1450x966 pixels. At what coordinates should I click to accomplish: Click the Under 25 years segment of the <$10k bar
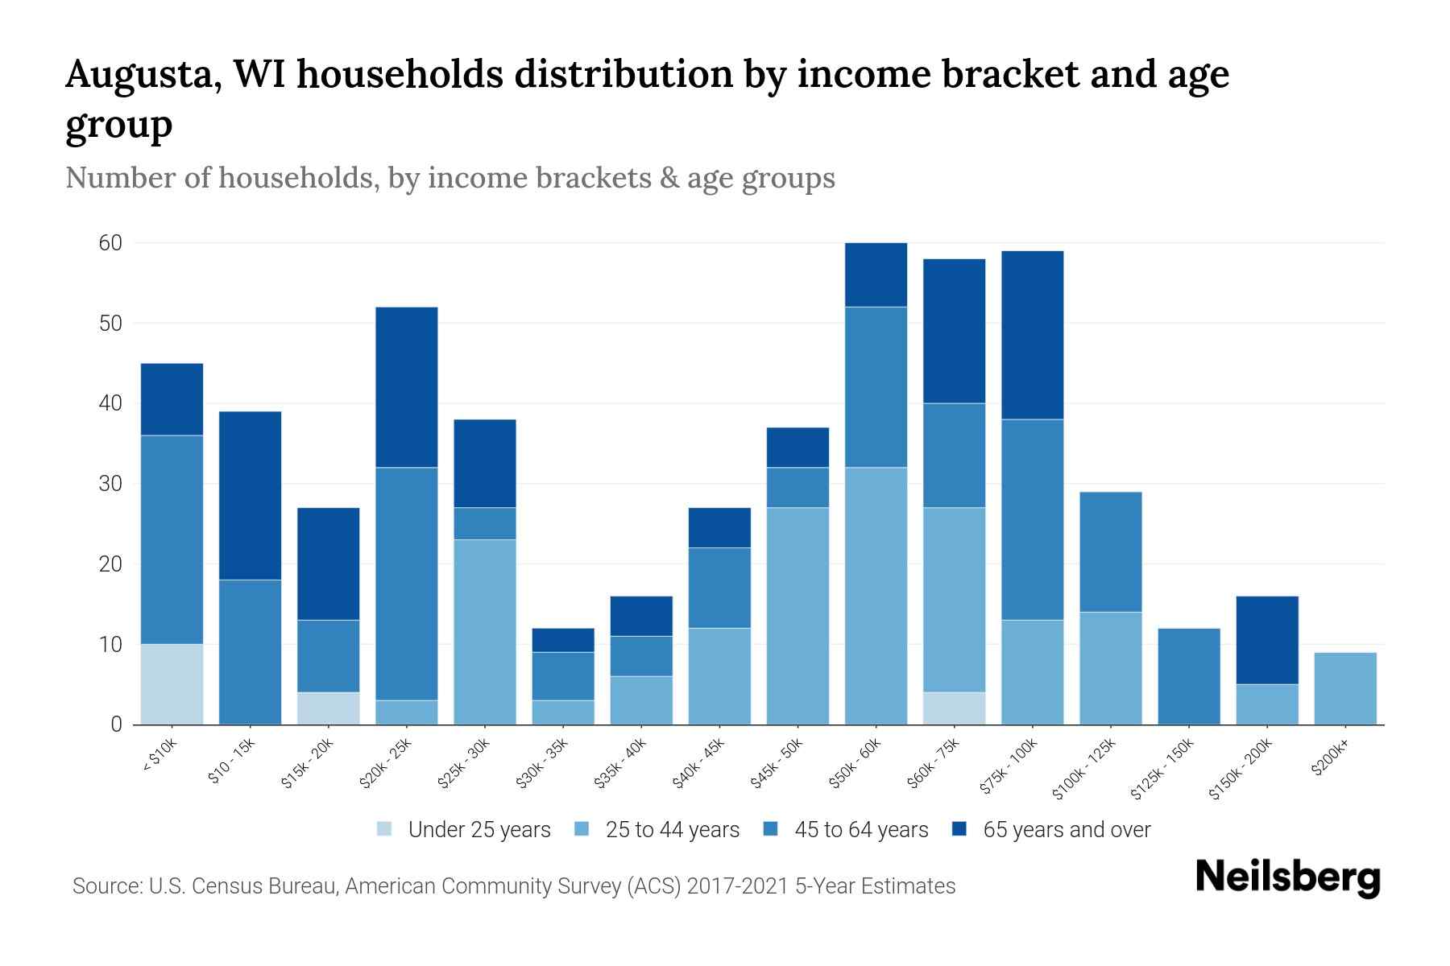(172, 683)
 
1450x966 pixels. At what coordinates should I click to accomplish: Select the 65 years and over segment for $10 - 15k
(250, 495)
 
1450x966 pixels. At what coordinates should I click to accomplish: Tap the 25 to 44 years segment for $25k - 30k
(484, 632)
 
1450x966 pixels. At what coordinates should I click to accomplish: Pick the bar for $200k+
(1344, 688)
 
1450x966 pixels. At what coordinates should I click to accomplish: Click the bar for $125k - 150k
(1188, 676)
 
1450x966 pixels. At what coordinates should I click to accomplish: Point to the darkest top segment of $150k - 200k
(1266, 640)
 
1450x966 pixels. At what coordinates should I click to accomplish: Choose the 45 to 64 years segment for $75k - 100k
(1032, 519)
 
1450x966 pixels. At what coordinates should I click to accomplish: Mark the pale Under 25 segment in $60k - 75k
(954, 708)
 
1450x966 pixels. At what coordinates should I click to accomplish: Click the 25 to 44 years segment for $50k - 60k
(876, 596)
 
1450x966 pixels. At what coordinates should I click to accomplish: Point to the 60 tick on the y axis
(110, 243)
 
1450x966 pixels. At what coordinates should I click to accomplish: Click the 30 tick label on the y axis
(110, 484)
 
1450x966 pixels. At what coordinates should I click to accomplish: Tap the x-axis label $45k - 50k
(777, 762)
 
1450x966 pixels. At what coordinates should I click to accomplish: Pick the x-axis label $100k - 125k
(1083, 769)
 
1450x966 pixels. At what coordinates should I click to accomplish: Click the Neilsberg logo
(1287, 877)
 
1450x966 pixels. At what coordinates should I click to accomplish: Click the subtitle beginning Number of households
(449, 178)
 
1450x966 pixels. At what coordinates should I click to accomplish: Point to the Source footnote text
(513, 886)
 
